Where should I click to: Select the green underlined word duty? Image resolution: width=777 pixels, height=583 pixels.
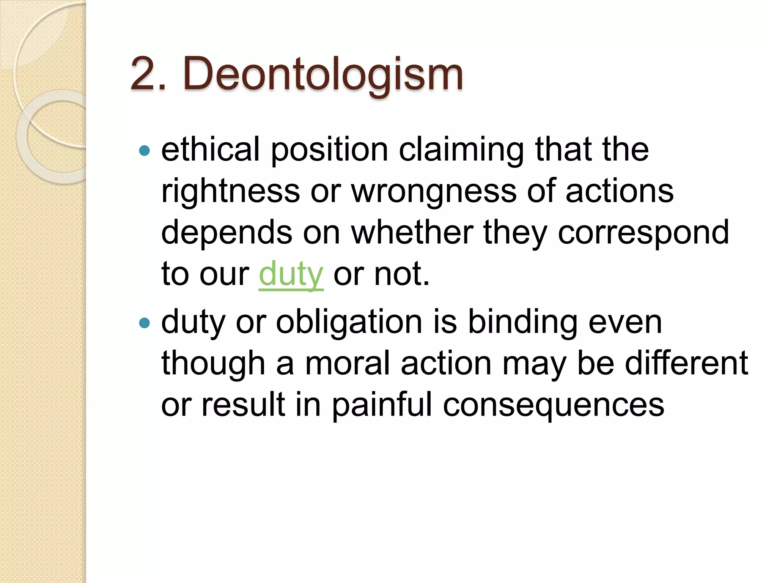[291, 274]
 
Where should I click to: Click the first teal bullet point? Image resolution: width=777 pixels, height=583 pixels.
[145, 151]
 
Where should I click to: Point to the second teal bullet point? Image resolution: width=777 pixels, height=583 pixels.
[145, 323]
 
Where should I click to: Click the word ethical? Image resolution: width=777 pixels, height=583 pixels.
[211, 150]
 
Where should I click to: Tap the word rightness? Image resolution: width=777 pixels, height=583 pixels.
[230, 191]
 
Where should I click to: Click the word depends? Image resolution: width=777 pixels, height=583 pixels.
[226, 233]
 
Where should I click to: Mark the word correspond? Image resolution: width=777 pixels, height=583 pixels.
[643, 233]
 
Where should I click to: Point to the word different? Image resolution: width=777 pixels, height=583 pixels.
[686, 364]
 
